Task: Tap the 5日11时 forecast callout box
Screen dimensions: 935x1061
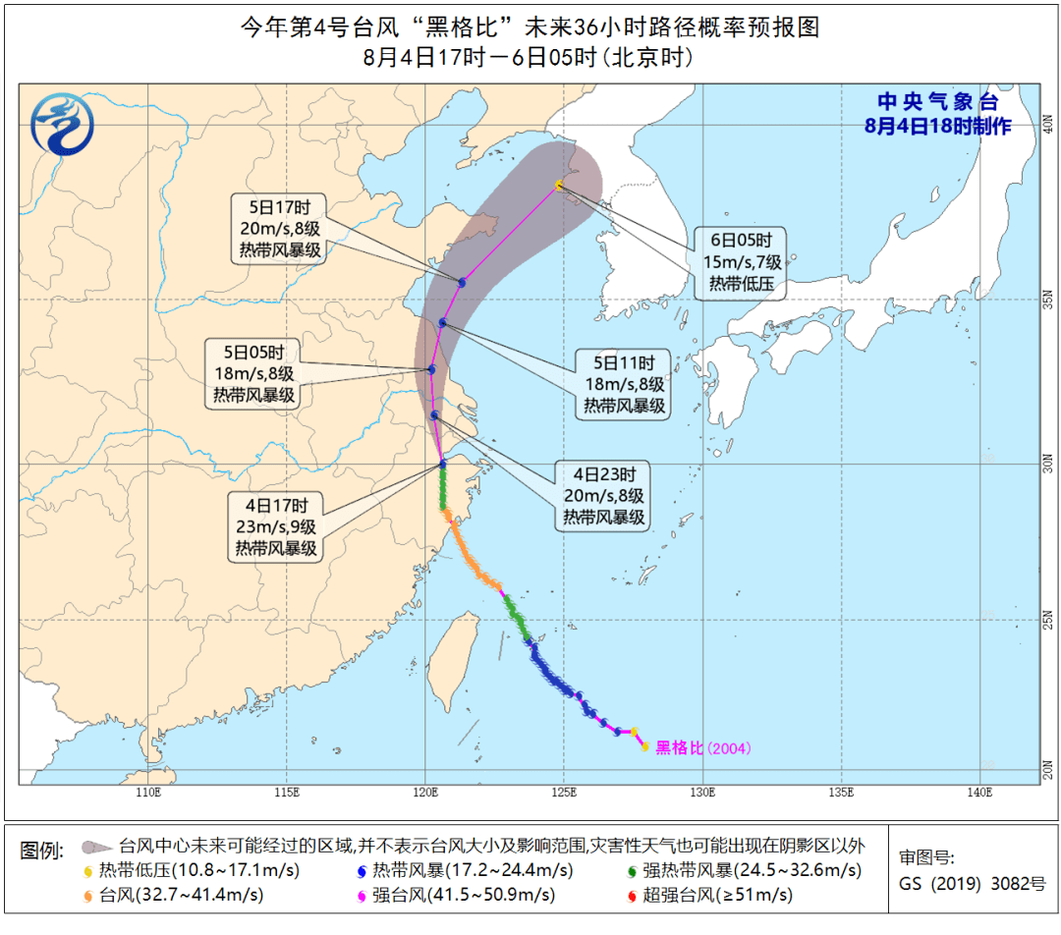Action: [x=625, y=383]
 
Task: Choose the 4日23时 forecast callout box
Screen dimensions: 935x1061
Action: [x=604, y=495]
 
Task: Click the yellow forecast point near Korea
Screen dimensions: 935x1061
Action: [x=559, y=185]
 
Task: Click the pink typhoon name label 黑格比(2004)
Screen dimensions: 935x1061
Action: [x=702, y=748]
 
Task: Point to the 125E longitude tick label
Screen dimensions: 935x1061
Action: [x=564, y=793]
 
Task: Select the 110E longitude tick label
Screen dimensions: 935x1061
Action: [x=147, y=793]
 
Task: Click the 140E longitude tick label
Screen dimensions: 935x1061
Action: [x=979, y=793]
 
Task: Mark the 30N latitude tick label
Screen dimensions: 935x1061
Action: [x=1047, y=463]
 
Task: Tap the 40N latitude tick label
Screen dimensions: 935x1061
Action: [x=1047, y=125]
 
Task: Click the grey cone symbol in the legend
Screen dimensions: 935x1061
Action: [x=96, y=847]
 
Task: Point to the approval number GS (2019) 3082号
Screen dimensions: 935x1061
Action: [x=973, y=882]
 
